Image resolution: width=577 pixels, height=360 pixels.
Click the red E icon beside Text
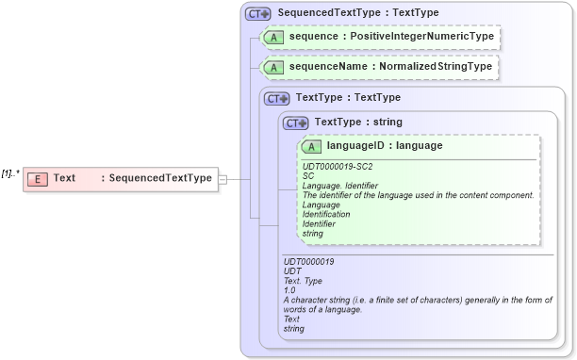[38, 178]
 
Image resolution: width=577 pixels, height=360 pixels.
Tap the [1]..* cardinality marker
[10, 173]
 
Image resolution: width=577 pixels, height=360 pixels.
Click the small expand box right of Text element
[223, 178]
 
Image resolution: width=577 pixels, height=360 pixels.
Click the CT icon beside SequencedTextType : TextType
[257, 14]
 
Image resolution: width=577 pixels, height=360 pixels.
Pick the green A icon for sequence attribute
[273, 38]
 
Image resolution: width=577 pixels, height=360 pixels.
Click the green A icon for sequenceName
[273, 68]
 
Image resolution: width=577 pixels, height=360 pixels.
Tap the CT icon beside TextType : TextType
[277, 97]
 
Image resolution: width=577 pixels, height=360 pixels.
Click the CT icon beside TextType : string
[296, 122]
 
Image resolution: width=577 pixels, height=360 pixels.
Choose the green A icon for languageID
[311, 146]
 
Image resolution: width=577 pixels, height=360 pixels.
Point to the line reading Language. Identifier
[342, 186]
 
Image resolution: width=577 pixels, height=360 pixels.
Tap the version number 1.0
[290, 290]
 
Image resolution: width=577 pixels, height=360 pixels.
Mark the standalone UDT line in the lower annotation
[292, 271]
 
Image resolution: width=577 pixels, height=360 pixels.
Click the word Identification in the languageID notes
[326, 214]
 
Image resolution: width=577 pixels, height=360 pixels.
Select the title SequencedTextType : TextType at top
[357, 14]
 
